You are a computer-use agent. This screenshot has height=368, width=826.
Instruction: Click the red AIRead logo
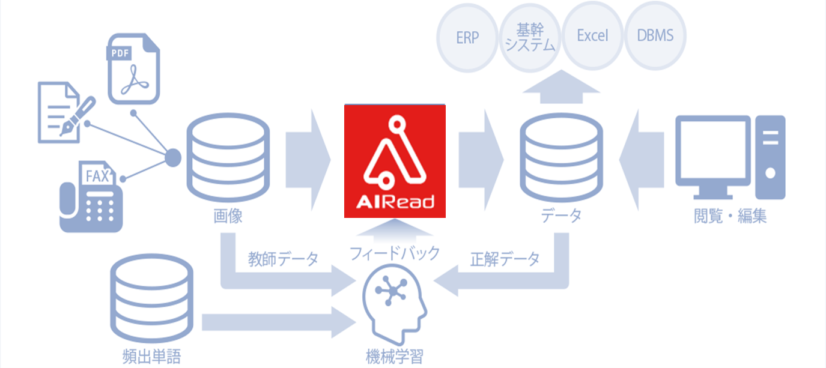coord(395,161)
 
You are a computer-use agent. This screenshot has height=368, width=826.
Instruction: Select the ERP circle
coord(467,38)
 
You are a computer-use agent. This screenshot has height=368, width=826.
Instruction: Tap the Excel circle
coord(592,36)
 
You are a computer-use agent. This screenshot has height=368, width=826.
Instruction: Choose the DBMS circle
coord(655,36)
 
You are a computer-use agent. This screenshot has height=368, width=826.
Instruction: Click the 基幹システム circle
coord(530,38)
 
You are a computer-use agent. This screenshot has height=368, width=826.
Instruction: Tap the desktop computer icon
coord(730,157)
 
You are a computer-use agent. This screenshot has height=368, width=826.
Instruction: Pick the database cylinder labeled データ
coord(561,157)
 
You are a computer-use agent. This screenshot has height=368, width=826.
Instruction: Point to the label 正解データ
coord(505,259)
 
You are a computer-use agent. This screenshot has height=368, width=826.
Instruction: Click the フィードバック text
coord(395,253)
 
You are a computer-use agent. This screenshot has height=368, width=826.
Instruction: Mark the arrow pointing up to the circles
coord(561,84)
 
